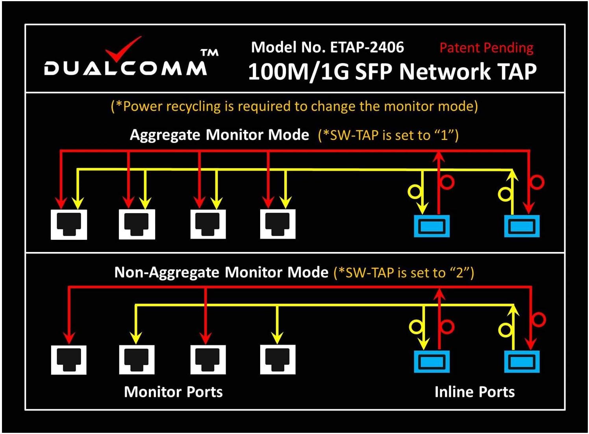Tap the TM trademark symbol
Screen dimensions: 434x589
(x=209, y=53)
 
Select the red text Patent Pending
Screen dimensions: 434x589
(x=486, y=48)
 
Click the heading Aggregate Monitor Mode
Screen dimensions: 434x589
(x=219, y=135)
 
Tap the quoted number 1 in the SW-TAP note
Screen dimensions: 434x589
(x=445, y=135)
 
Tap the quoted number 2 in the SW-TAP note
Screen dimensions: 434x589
(x=460, y=273)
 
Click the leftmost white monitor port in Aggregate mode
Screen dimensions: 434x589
(x=69, y=224)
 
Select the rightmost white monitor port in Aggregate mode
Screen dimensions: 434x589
(x=278, y=224)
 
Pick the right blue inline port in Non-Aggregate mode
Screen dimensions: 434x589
(x=522, y=362)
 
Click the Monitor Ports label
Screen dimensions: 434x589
(x=173, y=392)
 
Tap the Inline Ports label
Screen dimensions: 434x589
(x=474, y=392)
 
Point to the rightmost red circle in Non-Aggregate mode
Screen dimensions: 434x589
(x=539, y=319)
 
